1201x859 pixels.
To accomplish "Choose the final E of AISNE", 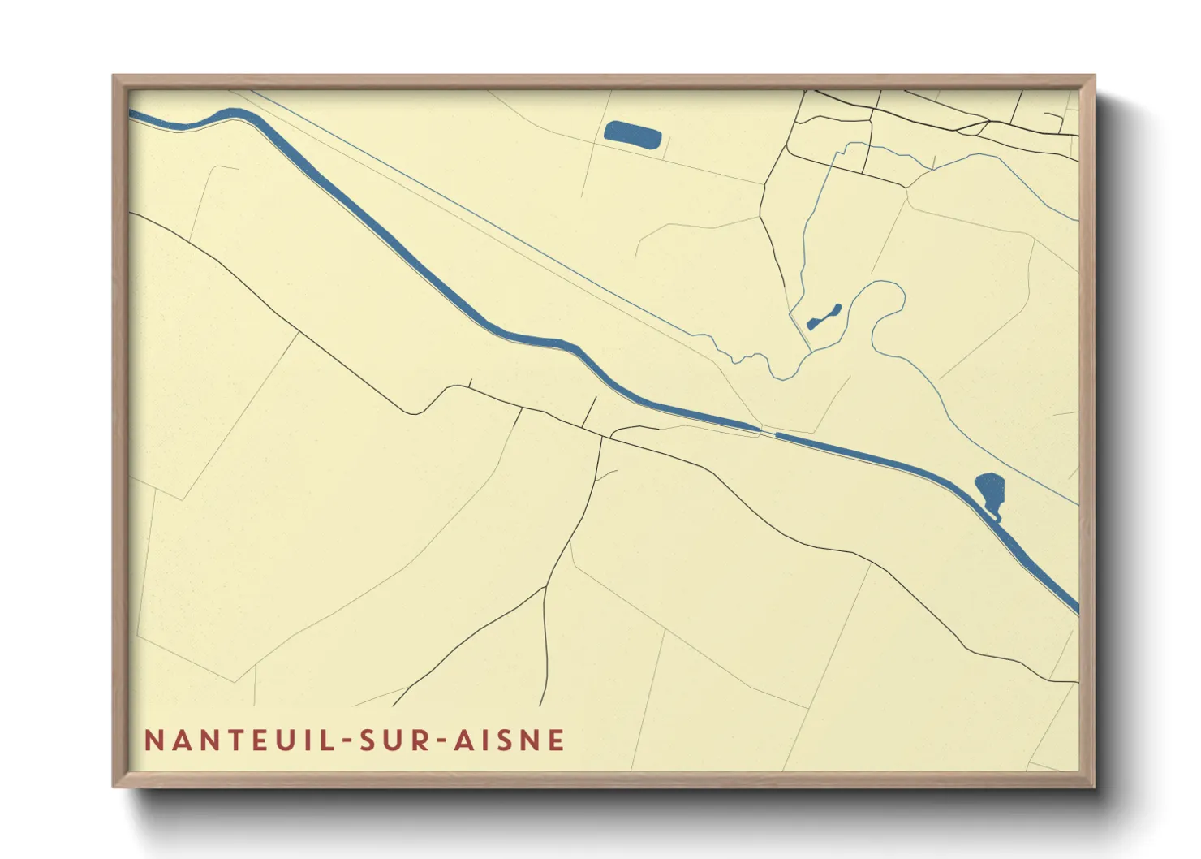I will (x=557, y=740).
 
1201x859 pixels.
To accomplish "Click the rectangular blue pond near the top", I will (x=633, y=135).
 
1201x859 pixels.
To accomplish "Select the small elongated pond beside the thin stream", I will (x=824, y=317).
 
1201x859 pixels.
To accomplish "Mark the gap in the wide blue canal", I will (x=768, y=432).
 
